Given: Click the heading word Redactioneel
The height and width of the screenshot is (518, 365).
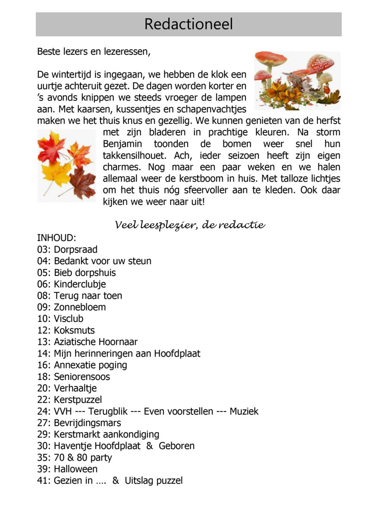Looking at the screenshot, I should (188, 24).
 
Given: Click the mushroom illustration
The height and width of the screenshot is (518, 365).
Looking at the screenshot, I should (297, 80).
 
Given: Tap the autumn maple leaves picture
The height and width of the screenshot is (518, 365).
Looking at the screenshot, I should (66, 165).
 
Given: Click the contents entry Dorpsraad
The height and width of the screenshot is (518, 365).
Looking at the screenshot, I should (76, 250).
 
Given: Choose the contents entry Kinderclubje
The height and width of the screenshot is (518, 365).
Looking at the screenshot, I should (79, 284).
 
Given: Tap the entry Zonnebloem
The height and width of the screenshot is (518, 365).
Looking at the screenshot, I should (79, 307).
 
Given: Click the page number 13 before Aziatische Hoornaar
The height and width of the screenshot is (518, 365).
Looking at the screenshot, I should (43, 342).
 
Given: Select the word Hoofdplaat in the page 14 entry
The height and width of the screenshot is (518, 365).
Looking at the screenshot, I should (178, 354).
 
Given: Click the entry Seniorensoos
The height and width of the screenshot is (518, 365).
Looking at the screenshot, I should (82, 377).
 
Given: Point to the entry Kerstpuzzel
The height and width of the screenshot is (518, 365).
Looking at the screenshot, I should (78, 400).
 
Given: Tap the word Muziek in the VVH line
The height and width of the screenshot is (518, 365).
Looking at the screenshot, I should (244, 411).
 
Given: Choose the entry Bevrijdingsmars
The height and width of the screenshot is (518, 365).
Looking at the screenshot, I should (87, 423).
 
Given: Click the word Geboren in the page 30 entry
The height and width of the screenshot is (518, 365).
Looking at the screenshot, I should (176, 446).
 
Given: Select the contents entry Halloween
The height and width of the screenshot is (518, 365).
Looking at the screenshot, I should (76, 469).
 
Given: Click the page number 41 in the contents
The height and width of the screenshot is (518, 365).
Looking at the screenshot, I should (43, 480).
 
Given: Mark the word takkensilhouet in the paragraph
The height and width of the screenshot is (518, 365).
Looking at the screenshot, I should (133, 155).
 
